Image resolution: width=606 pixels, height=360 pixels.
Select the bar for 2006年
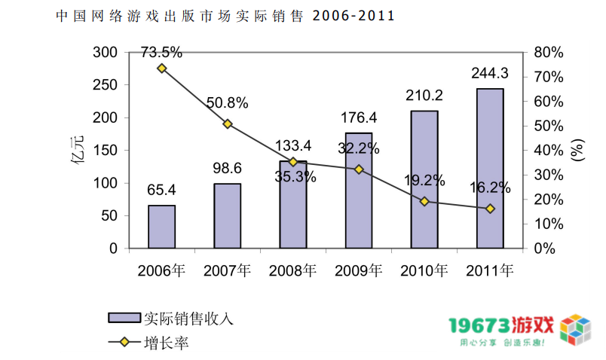click(161, 226)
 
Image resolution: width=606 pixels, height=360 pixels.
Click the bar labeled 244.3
click(490, 168)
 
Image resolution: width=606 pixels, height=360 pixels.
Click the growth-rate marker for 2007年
click(228, 124)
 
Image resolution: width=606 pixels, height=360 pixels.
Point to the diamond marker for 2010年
click(424, 201)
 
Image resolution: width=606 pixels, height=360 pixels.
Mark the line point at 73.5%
click(161, 69)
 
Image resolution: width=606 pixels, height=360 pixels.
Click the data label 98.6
click(227, 168)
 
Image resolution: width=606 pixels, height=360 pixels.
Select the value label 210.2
click(424, 96)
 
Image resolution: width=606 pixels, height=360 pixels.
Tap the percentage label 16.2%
click(491, 188)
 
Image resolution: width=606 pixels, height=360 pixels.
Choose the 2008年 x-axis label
click(293, 270)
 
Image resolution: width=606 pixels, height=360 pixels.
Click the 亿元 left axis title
click(78, 149)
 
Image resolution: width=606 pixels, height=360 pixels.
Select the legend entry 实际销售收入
click(188, 318)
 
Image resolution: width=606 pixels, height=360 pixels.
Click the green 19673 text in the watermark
click(478, 325)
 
